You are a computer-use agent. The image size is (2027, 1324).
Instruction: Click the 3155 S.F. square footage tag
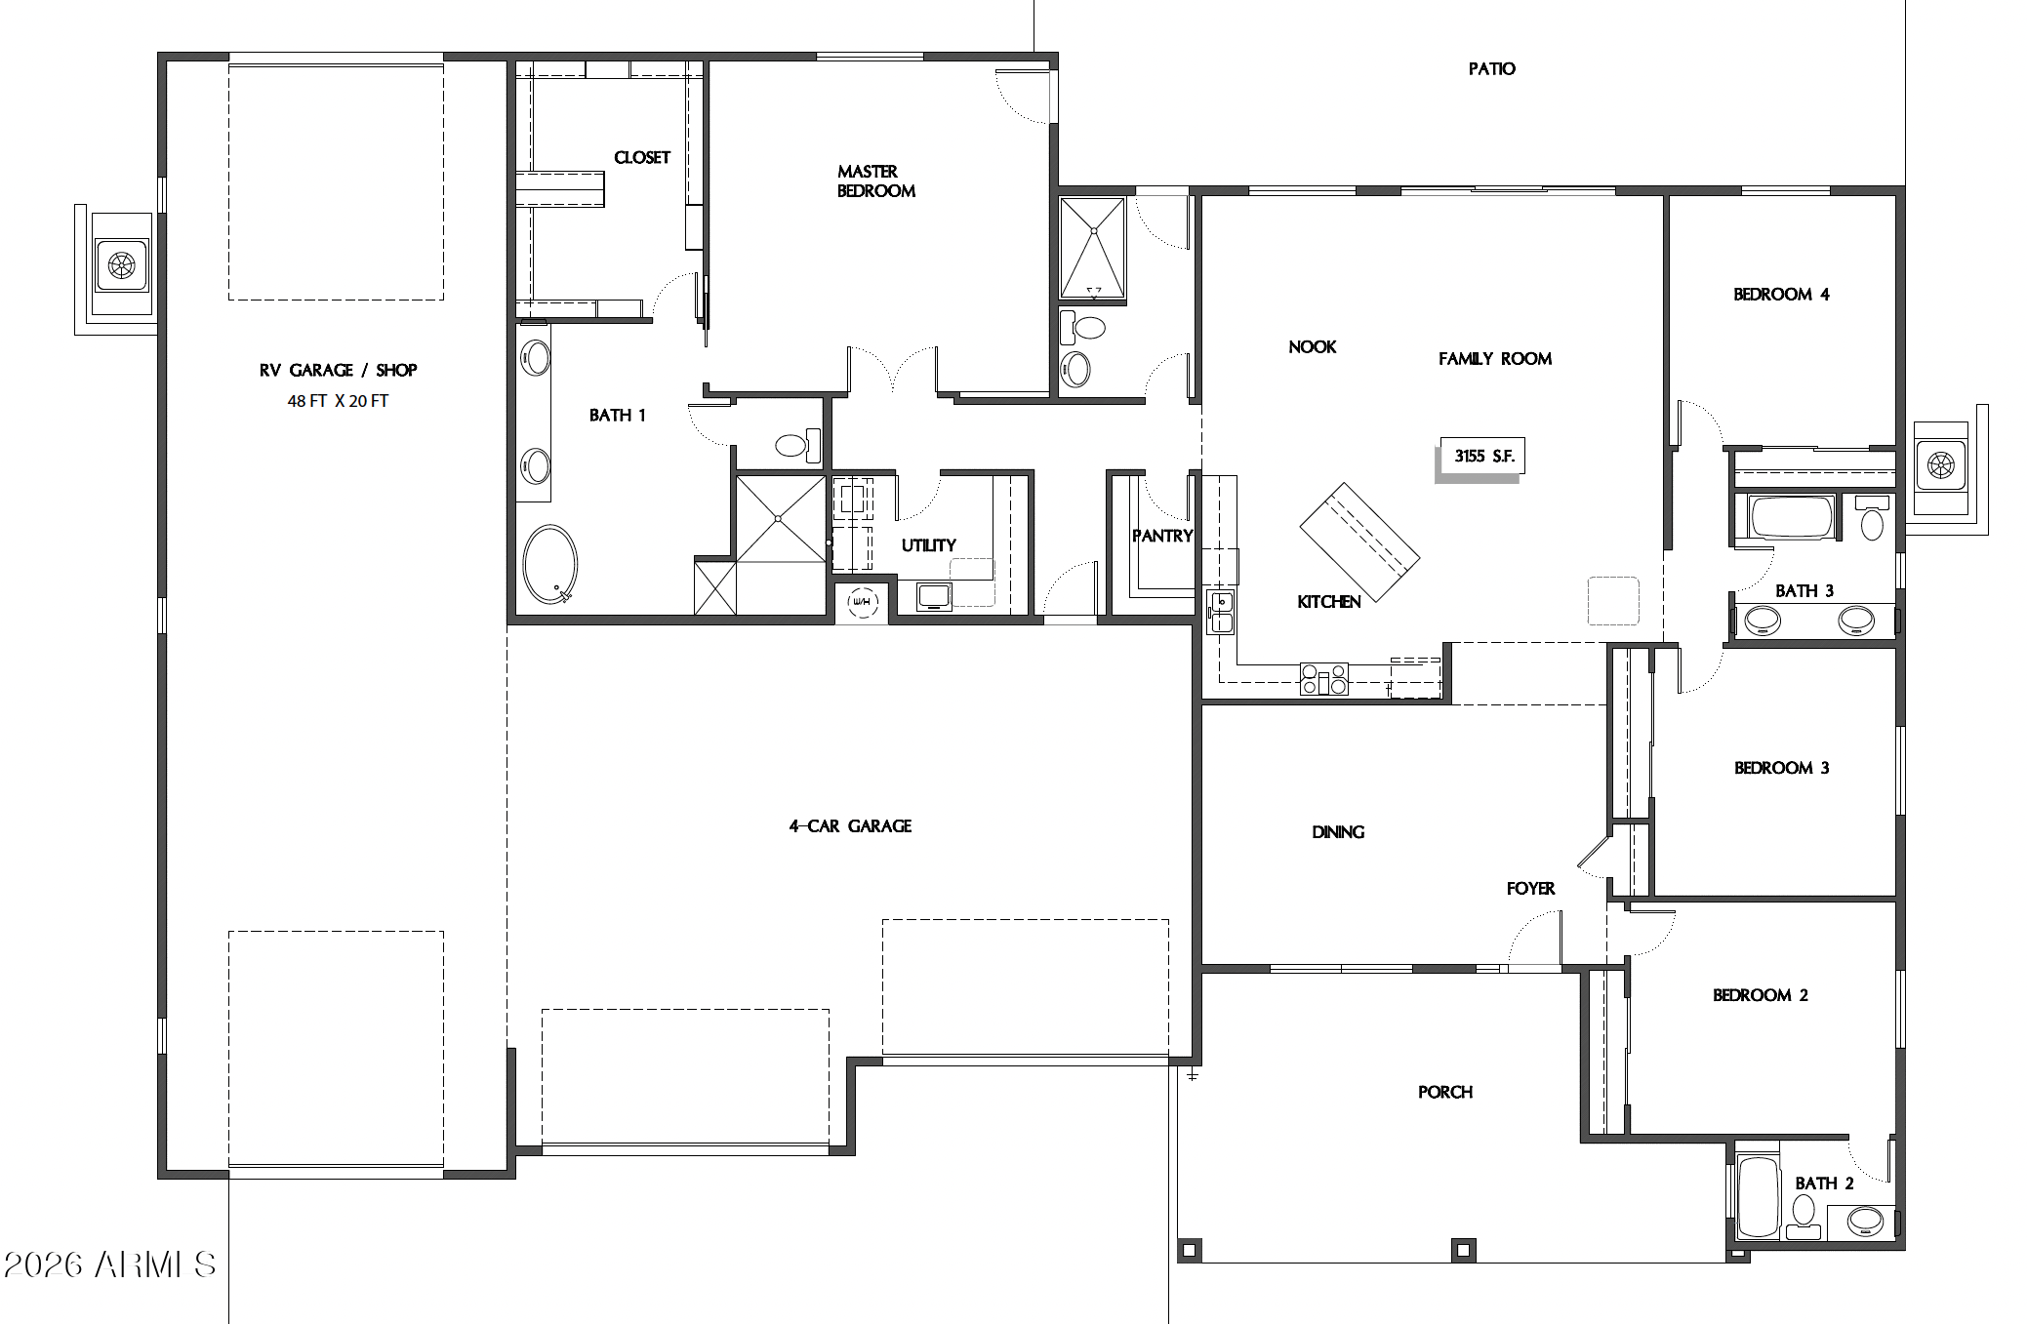(1482, 456)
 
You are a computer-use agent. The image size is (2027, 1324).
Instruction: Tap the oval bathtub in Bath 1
(549, 565)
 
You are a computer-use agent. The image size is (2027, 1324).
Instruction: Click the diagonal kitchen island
(1359, 542)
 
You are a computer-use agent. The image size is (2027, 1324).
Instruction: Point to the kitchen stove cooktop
(1323, 678)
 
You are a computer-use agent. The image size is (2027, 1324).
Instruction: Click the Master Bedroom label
(875, 181)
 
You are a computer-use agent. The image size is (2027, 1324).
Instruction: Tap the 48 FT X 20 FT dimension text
(338, 401)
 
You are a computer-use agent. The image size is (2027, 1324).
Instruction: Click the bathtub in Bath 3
(1792, 518)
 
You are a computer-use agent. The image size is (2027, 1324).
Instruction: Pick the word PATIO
(1491, 68)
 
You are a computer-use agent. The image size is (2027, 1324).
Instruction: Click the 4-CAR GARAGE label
(850, 825)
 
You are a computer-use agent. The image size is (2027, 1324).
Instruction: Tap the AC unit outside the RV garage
(121, 264)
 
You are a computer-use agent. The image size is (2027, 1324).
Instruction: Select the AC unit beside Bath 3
(1939, 465)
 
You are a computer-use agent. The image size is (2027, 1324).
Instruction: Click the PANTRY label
(1162, 536)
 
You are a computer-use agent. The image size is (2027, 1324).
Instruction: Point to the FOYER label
(1530, 888)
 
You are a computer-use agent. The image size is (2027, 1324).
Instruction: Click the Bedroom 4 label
(1781, 294)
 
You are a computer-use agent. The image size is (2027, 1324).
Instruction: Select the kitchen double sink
(1220, 612)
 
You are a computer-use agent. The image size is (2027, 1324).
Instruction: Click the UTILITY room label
(928, 545)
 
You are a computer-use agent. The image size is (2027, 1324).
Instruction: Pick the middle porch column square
(1462, 1249)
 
